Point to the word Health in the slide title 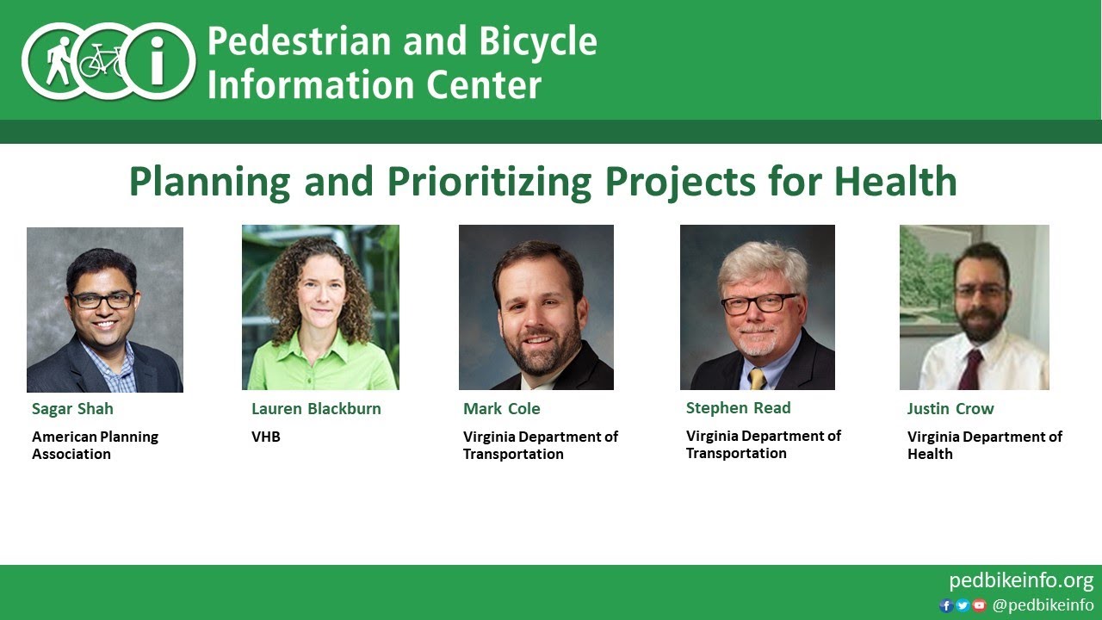point(895,182)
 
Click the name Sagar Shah point(72,408)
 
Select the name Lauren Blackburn point(316,408)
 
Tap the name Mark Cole point(502,408)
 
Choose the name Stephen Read point(738,407)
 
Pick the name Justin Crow point(950,408)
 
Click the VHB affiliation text point(266,437)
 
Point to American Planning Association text point(95,445)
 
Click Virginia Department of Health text point(985,445)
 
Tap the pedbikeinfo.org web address point(1021,580)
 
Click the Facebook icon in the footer point(946,605)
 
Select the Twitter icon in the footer point(963,605)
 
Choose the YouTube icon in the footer point(979,605)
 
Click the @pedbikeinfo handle point(1043,605)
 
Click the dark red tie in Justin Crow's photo point(970,369)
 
